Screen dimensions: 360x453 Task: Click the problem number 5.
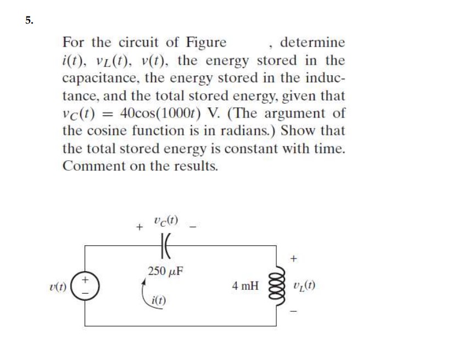(x=29, y=21)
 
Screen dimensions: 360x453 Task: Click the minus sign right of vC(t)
(x=192, y=226)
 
